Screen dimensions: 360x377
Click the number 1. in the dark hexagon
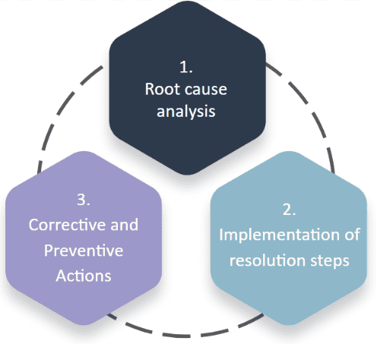pyautogui.click(x=187, y=66)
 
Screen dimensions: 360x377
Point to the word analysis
pyautogui.click(x=187, y=112)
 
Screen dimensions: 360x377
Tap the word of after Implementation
pyautogui.click(x=351, y=235)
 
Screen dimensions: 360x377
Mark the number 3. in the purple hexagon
pyautogui.click(x=84, y=201)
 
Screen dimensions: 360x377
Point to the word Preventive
pyautogui.click(x=84, y=250)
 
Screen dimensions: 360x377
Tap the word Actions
pyautogui.click(x=84, y=274)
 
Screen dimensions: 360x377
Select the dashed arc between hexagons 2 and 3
pyautogui.click(x=186, y=334)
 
